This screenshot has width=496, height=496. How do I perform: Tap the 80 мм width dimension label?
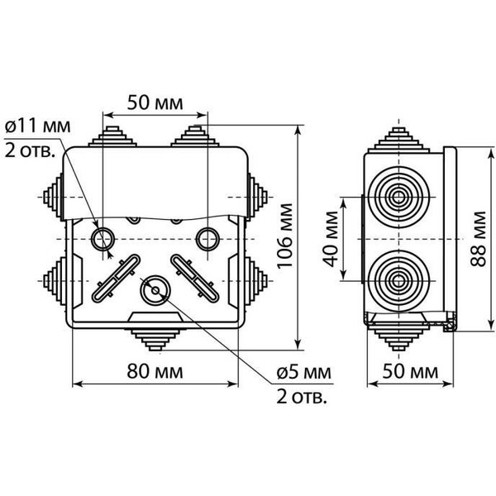tap(157, 371)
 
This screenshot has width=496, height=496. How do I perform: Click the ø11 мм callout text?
tap(38, 128)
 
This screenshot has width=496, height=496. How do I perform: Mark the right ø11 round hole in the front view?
tap(206, 241)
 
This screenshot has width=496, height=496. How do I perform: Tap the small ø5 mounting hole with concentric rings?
tap(154, 290)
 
